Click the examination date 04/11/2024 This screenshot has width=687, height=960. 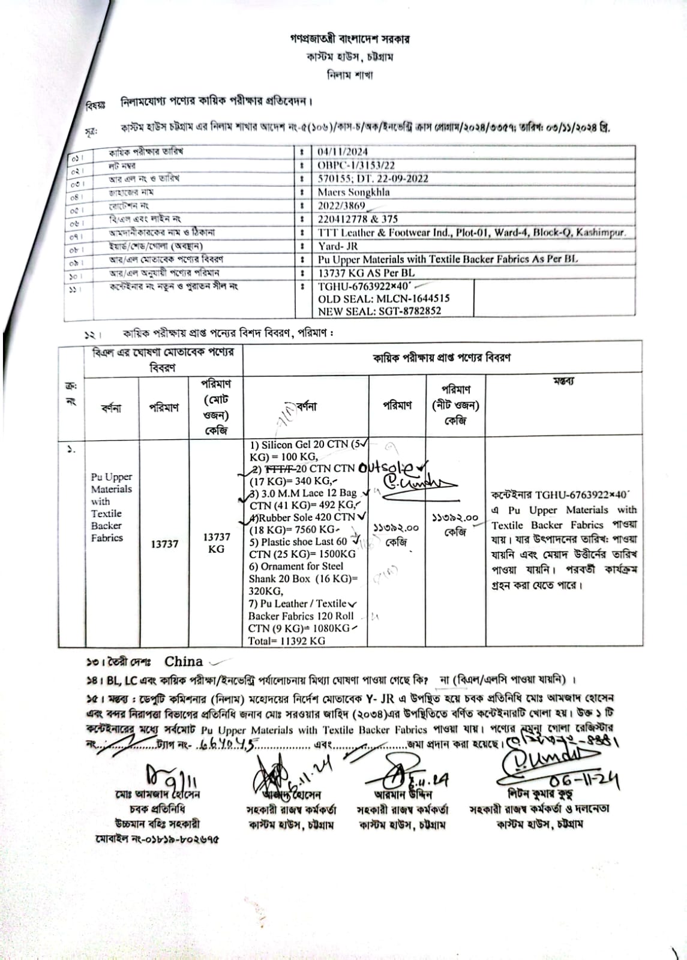tap(343, 152)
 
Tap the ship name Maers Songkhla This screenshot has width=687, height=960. tap(353, 192)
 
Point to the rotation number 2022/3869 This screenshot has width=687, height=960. tap(341, 206)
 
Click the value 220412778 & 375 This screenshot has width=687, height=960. tap(358, 219)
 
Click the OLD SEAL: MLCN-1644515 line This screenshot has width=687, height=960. tap(383, 298)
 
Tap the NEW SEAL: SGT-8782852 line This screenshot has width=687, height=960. tap(379, 311)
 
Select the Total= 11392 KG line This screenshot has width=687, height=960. tap(287, 641)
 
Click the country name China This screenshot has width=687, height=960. tap(184, 661)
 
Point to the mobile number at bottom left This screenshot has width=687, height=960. tap(157, 838)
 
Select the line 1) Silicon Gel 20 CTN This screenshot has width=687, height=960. tap(306, 445)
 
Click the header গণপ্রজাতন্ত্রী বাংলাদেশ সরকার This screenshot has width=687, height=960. tap(349, 40)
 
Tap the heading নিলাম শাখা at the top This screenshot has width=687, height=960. tap(349, 76)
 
